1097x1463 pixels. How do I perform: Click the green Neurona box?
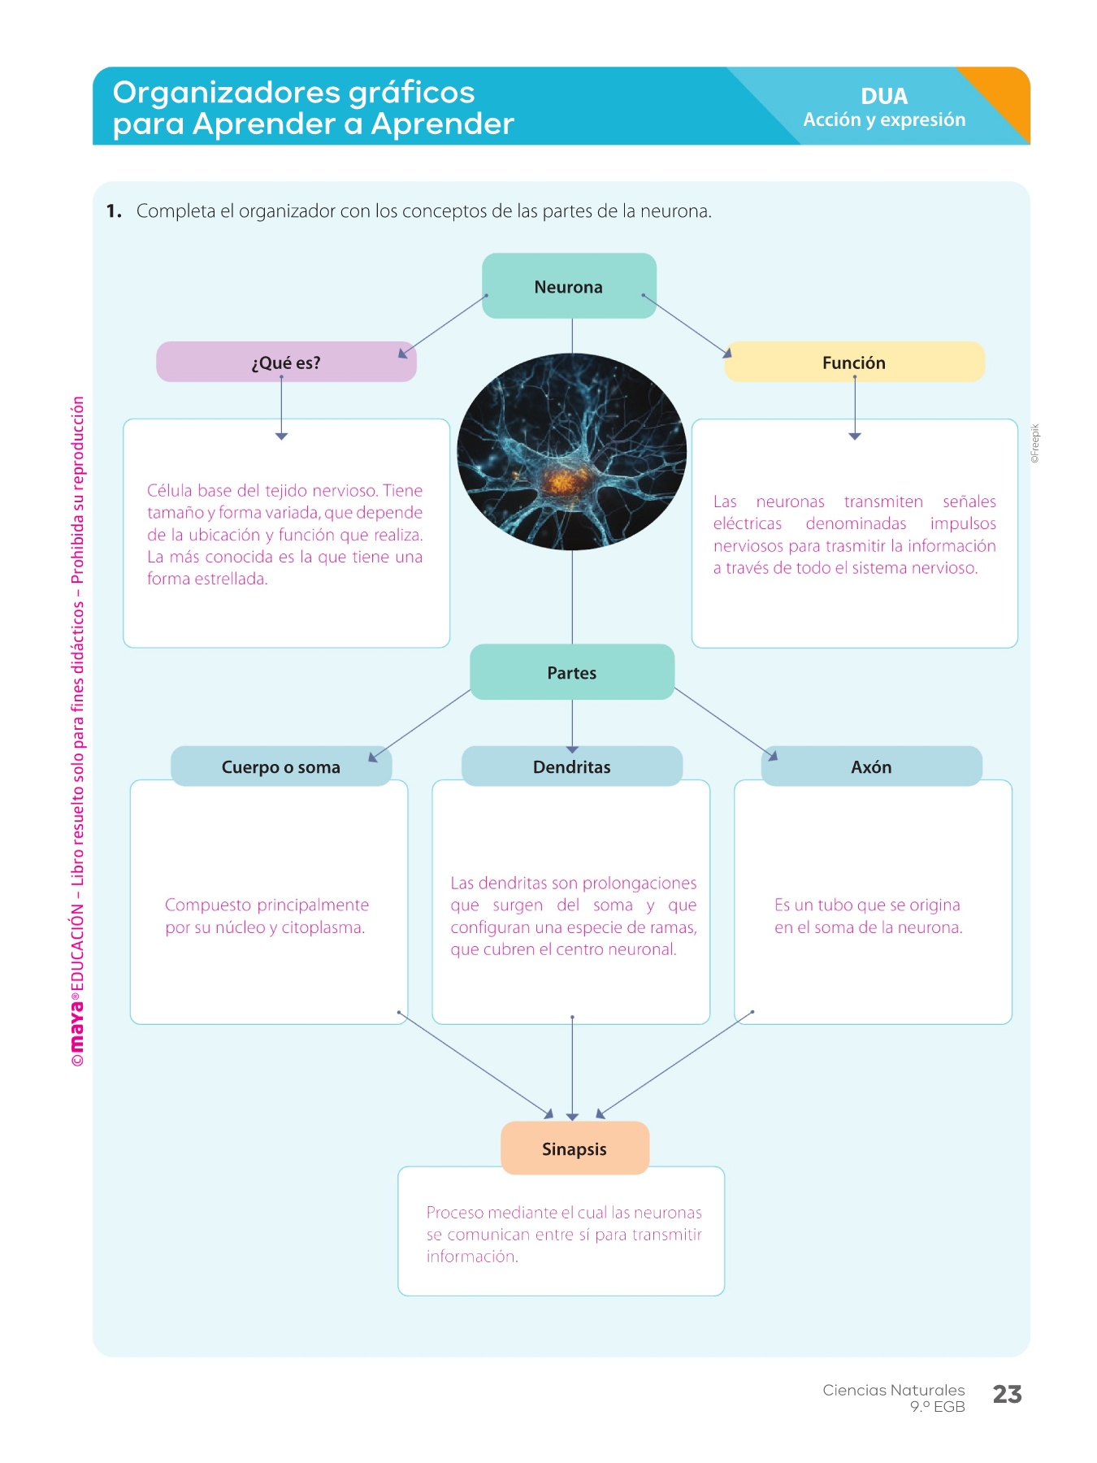569,286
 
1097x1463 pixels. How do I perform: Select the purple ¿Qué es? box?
286,362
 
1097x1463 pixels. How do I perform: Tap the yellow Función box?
854,362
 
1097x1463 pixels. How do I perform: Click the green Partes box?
572,672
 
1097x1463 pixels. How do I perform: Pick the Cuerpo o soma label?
281,766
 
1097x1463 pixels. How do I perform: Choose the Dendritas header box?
572,766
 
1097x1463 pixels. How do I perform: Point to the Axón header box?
871,766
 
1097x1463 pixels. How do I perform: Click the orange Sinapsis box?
575,1148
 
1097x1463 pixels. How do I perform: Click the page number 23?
1007,1395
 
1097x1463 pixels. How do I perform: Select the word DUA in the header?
884,96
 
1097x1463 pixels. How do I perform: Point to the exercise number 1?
114,211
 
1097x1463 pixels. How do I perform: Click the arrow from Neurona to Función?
687,325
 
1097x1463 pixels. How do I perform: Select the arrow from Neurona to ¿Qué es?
444,325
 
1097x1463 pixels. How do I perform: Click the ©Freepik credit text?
1035,444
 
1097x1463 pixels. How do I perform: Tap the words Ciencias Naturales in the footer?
893,1390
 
